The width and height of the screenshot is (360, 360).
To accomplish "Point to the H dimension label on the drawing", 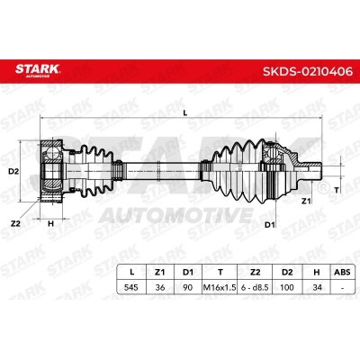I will pos(51,223).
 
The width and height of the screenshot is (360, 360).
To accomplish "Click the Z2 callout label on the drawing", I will pos(15,221).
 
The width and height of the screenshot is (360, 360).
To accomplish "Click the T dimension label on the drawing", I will pos(337,191).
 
